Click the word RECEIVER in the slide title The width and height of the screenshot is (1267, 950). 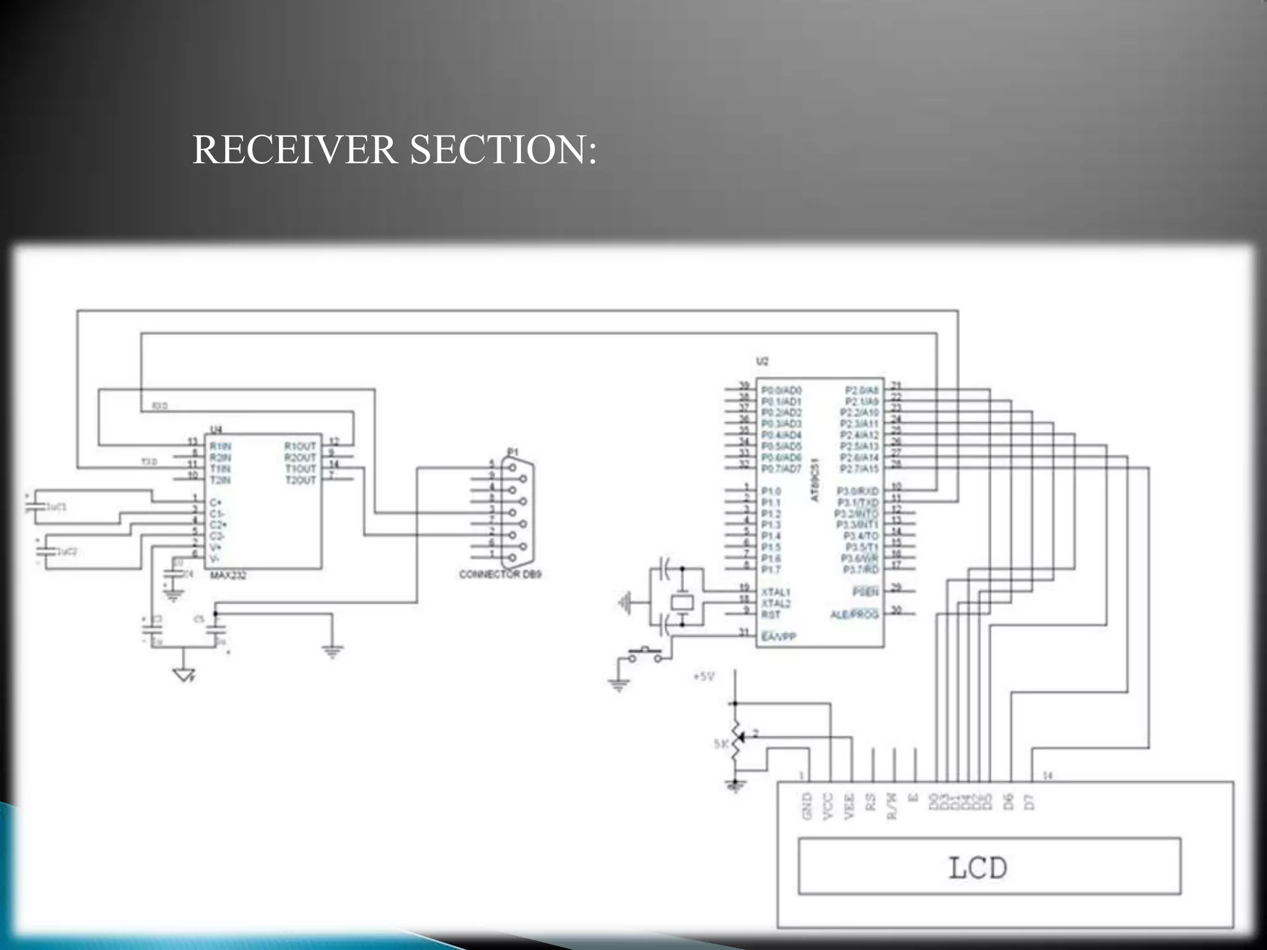coord(294,150)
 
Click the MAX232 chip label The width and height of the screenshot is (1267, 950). coord(228,576)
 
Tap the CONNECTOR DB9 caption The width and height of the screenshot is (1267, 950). coord(500,575)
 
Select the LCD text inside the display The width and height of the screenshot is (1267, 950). coord(977,868)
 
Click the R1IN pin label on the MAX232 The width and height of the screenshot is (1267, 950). coord(220,446)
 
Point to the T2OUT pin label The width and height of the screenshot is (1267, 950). coord(301,480)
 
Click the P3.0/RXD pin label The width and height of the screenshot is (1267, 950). coord(857,491)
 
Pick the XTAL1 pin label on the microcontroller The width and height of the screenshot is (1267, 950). coord(776,592)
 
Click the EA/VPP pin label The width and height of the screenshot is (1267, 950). coord(778,636)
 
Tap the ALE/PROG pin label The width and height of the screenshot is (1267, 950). coord(854,615)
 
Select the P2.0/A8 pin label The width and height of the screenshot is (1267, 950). coord(861,390)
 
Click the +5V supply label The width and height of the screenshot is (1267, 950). coord(704,677)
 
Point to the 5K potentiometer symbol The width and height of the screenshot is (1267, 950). coord(736,744)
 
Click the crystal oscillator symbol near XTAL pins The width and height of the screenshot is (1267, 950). coord(682,602)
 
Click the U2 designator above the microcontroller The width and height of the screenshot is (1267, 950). coord(762,361)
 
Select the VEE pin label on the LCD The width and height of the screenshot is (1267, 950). coord(849,807)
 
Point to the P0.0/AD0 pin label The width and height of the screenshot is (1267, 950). coord(781,390)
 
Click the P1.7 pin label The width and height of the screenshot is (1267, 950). coord(771,570)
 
